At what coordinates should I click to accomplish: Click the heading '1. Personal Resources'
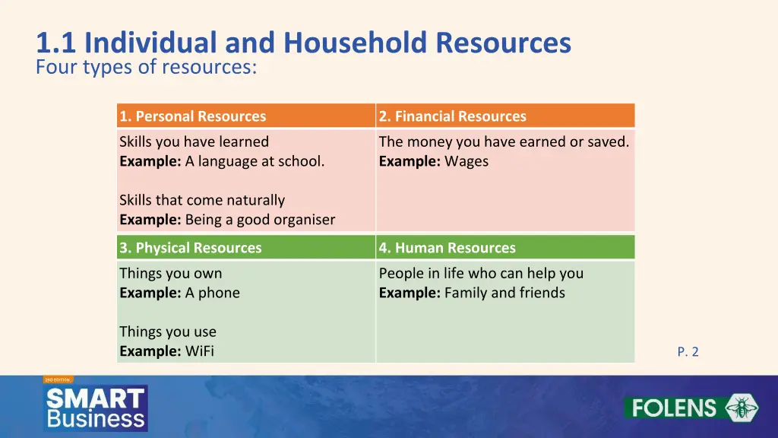pyautogui.click(x=193, y=116)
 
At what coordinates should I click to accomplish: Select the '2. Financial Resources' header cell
pyautogui.click(x=453, y=116)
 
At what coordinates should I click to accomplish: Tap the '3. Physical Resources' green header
pyautogui.click(x=191, y=248)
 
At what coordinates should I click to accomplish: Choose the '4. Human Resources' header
pyautogui.click(x=448, y=248)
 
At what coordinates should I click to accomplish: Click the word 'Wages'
pyautogui.click(x=466, y=161)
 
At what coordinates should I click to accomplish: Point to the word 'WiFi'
pyautogui.click(x=200, y=351)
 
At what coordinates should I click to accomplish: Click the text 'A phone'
pyautogui.click(x=213, y=293)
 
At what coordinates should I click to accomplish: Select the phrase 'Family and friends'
pyautogui.click(x=504, y=293)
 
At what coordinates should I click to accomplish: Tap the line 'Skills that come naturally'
pyautogui.click(x=202, y=200)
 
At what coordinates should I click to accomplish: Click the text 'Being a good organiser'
pyautogui.click(x=260, y=220)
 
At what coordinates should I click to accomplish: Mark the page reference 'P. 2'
pyautogui.click(x=688, y=351)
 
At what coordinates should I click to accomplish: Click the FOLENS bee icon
pyautogui.click(x=736, y=408)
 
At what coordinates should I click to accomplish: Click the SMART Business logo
pyautogui.click(x=96, y=408)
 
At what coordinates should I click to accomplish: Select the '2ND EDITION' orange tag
pyautogui.click(x=58, y=379)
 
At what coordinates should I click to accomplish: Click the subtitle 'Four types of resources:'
pyautogui.click(x=147, y=68)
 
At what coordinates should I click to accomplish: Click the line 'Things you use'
pyautogui.click(x=168, y=332)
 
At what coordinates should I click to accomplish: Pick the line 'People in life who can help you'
pyautogui.click(x=481, y=273)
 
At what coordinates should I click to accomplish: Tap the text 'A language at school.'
pyautogui.click(x=255, y=161)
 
